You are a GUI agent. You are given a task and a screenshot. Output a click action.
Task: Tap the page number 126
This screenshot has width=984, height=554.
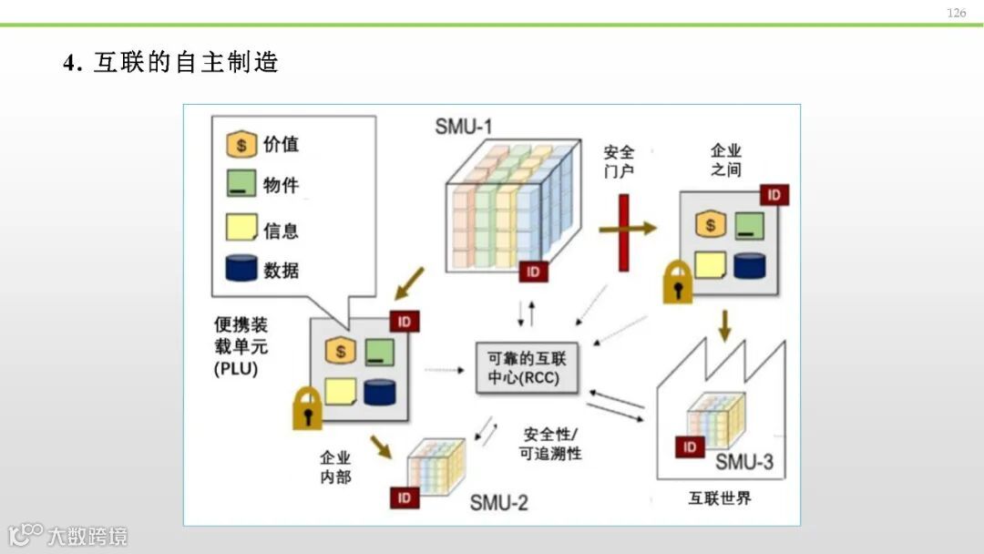coord(956,13)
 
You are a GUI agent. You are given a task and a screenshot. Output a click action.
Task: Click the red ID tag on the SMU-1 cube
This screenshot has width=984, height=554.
coord(533,271)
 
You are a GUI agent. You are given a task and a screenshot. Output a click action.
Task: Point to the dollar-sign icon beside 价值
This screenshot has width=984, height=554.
coord(241,145)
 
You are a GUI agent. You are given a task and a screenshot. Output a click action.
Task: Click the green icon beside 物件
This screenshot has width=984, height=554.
coord(241,186)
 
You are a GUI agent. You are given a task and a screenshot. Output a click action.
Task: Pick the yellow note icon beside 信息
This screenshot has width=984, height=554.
coord(241,229)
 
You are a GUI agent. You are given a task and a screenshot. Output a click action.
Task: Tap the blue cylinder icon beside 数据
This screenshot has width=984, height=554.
coord(241,269)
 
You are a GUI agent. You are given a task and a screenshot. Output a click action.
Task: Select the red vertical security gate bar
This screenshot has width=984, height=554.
coord(623,232)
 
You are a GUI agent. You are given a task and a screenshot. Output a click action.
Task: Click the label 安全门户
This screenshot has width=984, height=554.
coord(619,161)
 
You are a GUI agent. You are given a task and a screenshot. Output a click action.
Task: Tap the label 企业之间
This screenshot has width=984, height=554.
coord(726,159)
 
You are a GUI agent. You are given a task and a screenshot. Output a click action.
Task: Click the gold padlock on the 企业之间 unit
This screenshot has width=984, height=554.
coord(677,283)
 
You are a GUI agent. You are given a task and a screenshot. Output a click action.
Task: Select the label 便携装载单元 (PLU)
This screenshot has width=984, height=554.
coord(241,346)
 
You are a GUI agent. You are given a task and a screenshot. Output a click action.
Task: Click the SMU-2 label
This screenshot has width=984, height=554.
coord(498,502)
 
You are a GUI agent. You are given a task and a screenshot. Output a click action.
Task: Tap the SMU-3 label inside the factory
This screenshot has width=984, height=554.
coord(743,462)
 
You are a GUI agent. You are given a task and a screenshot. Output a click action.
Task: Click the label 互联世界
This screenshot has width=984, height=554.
coord(720,498)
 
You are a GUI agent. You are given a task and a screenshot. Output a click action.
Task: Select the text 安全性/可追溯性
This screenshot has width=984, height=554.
coord(550,444)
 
